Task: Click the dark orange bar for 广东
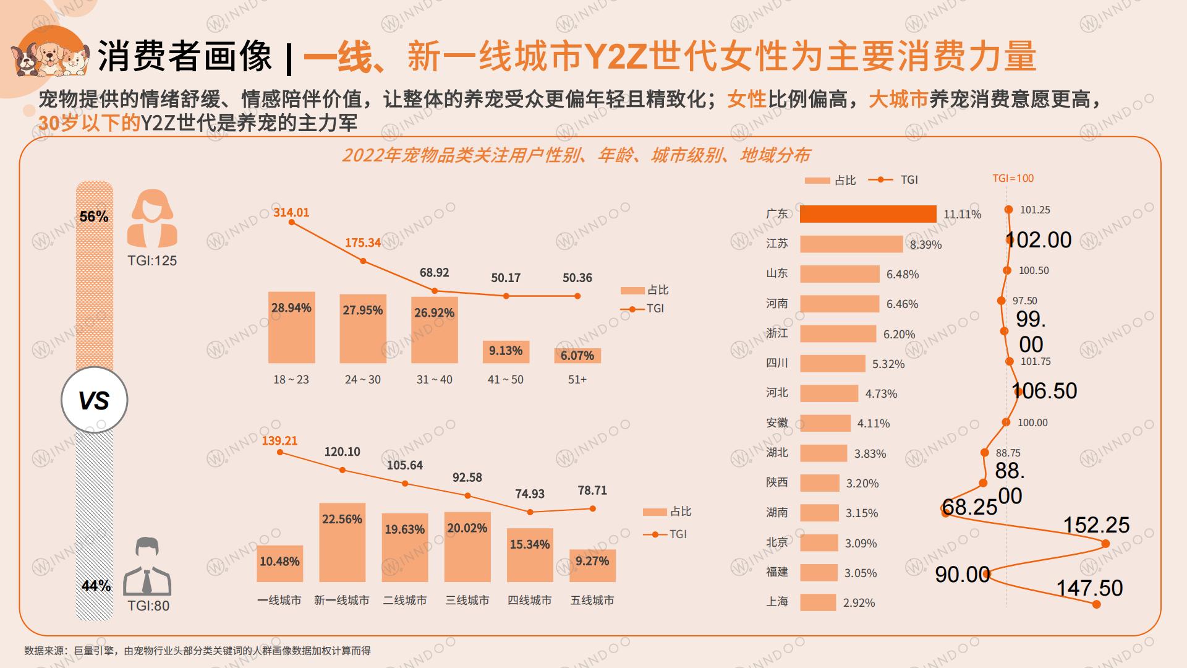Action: [x=867, y=214]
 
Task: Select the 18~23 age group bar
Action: [x=291, y=327]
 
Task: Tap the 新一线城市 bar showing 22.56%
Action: [x=342, y=542]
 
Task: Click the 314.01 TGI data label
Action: [x=291, y=212]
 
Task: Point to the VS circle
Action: [x=94, y=400]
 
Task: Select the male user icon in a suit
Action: [x=147, y=567]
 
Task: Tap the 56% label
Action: [x=94, y=216]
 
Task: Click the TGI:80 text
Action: [x=148, y=606]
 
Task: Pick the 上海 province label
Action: [x=777, y=602]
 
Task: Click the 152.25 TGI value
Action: [x=1096, y=525]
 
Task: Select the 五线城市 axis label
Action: [x=592, y=600]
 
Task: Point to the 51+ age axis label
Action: [x=577, y=379]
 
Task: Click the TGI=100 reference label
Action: [x=1013, y=178]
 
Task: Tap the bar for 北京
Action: [x=819, y=543]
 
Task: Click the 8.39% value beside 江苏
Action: [x=925, y=245]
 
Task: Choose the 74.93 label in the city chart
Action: [x=530, y=494]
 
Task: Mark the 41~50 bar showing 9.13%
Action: [x=506, y=351]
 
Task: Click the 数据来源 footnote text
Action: [x=197, y=651]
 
